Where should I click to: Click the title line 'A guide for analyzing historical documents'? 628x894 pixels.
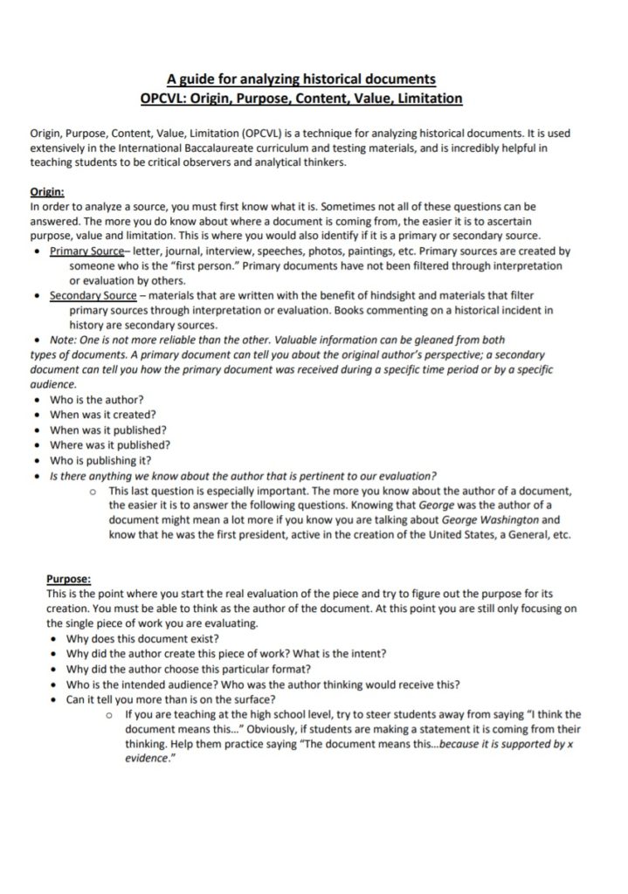pos(300,80)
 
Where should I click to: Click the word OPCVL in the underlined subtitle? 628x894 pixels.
pos(165,98)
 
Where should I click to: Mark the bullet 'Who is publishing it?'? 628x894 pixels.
pos(100,460)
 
